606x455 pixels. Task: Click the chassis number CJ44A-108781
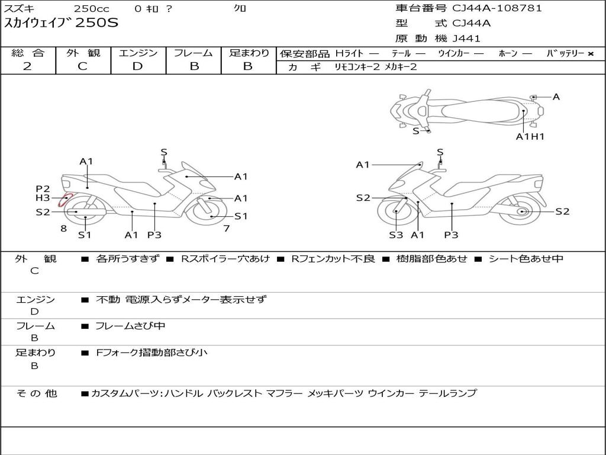497,8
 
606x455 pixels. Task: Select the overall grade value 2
27,66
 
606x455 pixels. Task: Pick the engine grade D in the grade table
137,66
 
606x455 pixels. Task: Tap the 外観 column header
83,53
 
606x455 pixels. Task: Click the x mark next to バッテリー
591,54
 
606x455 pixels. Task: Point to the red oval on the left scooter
65,200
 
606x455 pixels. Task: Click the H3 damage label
43,198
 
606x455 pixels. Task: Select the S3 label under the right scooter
396,235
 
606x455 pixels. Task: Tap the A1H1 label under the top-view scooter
530,136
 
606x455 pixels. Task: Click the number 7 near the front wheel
227,229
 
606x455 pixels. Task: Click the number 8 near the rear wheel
64,229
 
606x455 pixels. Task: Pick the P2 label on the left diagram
43,189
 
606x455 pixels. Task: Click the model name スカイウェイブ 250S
61,23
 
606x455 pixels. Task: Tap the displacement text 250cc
92,8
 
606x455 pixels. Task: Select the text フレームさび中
130,326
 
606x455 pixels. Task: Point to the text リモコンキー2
357,67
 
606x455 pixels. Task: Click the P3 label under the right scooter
451,235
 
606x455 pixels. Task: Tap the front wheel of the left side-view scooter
205,212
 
